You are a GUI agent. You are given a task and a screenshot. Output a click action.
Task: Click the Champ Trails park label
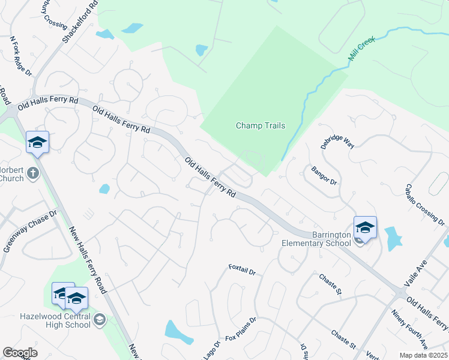pyautogui.click(x=260, y=125)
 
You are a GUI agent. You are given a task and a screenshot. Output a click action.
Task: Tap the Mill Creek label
pyautogui.click(x=361, y=50)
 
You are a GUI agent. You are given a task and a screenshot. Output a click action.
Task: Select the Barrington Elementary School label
pyautogui.click(x=316, y=239)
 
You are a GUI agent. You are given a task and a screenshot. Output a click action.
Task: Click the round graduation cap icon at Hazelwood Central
pyautogui.click(x=99, y=321)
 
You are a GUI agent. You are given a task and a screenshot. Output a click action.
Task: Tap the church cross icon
pyautogui.click(x=33, y=173)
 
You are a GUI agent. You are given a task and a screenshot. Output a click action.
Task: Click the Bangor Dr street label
pyautogui.click(x=325, y=178)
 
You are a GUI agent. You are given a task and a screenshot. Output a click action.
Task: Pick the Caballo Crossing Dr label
pyautogui.click(x=425, y=205)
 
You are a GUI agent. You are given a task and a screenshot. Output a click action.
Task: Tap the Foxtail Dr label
pyautogui.click(x=242, y=270)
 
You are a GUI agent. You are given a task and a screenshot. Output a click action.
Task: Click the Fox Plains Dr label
pyautogui.click(x=240, y=329)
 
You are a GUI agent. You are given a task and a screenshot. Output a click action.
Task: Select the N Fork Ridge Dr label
pyautogui.click(x=20, y=56)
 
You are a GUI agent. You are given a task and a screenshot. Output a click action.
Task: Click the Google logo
pyautogui.click(x=20, y=352)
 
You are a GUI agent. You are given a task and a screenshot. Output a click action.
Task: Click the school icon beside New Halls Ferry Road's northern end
pyautogui.click(x=37, y=142)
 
